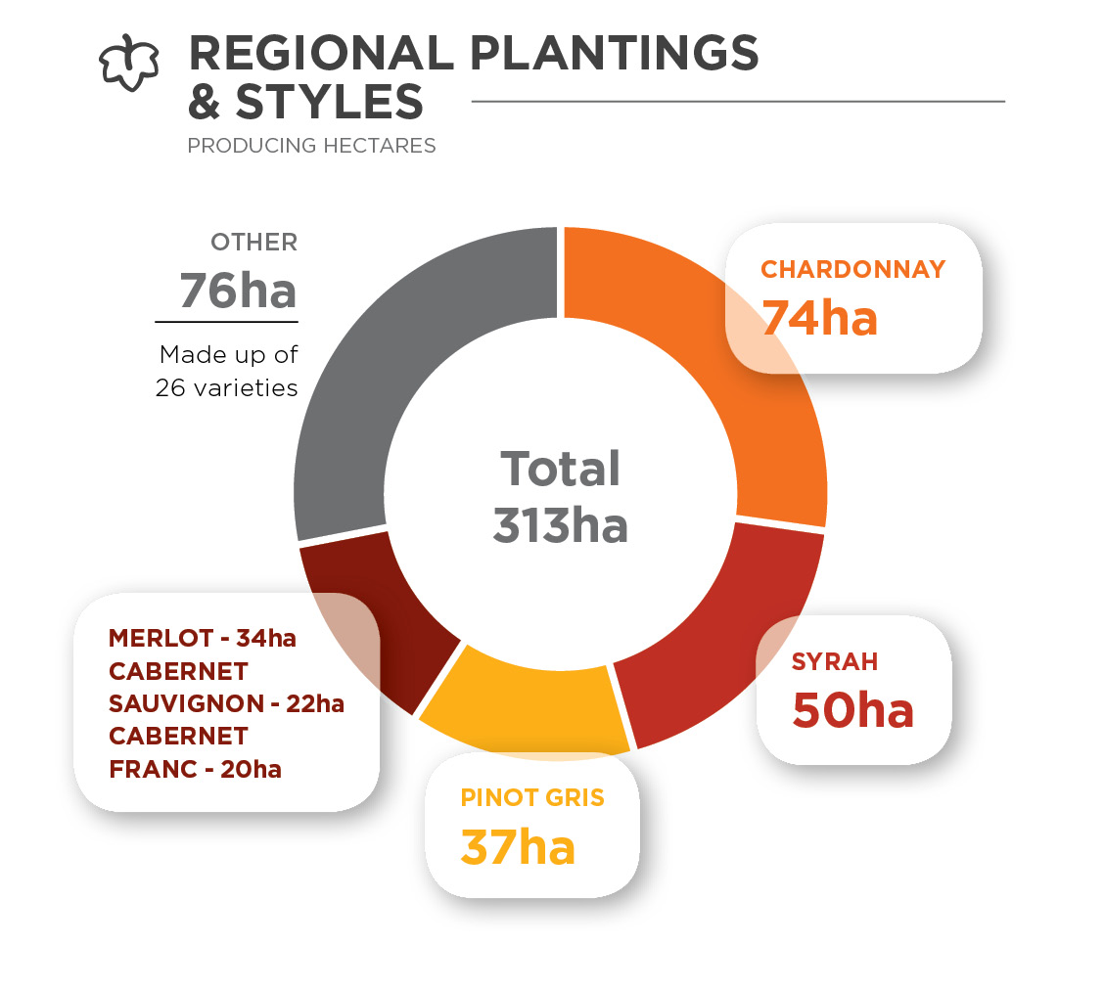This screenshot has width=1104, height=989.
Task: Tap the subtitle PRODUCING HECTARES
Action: [311, 146]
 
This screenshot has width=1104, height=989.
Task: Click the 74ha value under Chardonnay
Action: [819, 317]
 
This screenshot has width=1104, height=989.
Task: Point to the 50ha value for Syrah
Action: [852, 710]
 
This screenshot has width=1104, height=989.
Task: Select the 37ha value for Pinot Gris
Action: [518, 846]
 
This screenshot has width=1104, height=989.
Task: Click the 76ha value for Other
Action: [238, 290]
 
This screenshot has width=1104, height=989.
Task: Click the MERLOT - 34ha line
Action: [202, 639]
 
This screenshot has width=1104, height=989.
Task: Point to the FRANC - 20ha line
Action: [196, 769]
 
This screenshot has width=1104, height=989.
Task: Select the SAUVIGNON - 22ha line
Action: [226, 703]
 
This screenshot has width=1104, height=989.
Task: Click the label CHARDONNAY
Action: [853, 269]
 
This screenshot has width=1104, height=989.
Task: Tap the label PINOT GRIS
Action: [532, 797]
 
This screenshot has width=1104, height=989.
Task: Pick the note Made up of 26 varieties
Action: [227, 371]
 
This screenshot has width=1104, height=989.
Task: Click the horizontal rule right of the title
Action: [738, 101]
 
